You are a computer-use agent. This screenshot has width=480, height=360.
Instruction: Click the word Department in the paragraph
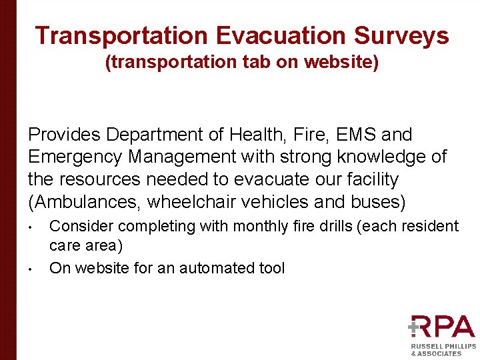[x=155, y=135]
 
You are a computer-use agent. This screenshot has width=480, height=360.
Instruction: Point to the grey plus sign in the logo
[x=414, y=327]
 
